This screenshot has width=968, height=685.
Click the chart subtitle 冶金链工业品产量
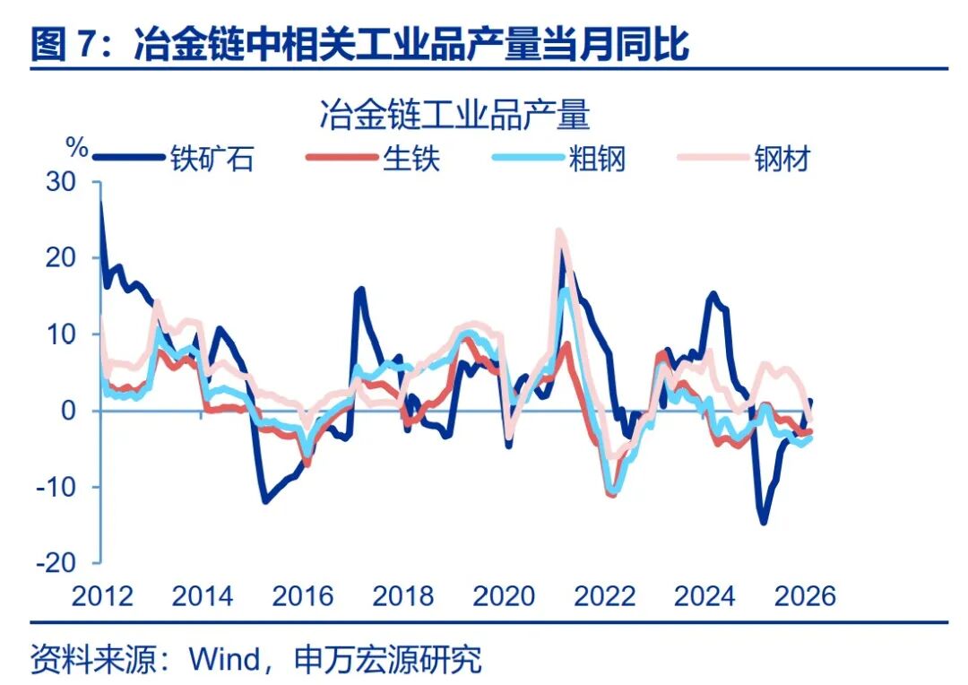[454, 117]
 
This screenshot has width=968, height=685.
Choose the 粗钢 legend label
[597, 159]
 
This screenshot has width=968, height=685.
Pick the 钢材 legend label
[782, 159]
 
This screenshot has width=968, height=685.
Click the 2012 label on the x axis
[101, 595]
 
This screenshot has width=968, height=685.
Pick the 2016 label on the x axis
[302, 595]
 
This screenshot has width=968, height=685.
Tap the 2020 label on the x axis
[504, 595]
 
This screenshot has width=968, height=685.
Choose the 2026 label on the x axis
[804, 595]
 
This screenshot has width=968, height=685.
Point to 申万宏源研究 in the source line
[388, 660]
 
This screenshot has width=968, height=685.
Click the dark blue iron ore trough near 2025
[764, 522]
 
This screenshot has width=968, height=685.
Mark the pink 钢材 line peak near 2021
[559, 231]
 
